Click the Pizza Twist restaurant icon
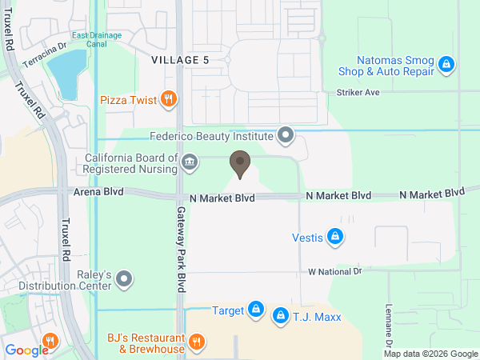(168, 99)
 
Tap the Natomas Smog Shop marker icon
(448, 64)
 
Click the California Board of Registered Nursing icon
(190, 162)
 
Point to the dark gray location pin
(239, 164)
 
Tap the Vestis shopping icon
(337, 236)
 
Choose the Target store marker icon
(255, 309)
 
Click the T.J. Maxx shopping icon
(280, 317)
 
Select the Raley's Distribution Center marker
(124, 279)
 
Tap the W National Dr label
(335, 272)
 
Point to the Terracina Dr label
(44, 50)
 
